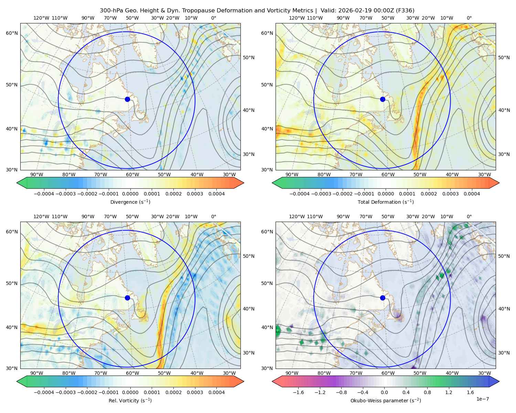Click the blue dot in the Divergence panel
127,99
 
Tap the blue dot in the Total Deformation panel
383,99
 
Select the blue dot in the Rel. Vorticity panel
127,298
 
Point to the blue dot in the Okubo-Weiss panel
383,298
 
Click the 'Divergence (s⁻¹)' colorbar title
130,202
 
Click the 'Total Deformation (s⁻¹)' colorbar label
386,202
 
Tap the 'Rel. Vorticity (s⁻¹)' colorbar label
130,401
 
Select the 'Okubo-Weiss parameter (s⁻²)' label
386,401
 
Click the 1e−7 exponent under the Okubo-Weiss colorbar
483,399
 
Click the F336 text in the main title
406,11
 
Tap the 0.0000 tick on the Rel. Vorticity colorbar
130,393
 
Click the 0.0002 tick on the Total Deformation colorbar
429,194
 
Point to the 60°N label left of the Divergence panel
12,33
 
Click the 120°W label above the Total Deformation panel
297,18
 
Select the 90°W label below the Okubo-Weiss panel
292,373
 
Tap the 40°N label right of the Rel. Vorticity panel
249,309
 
